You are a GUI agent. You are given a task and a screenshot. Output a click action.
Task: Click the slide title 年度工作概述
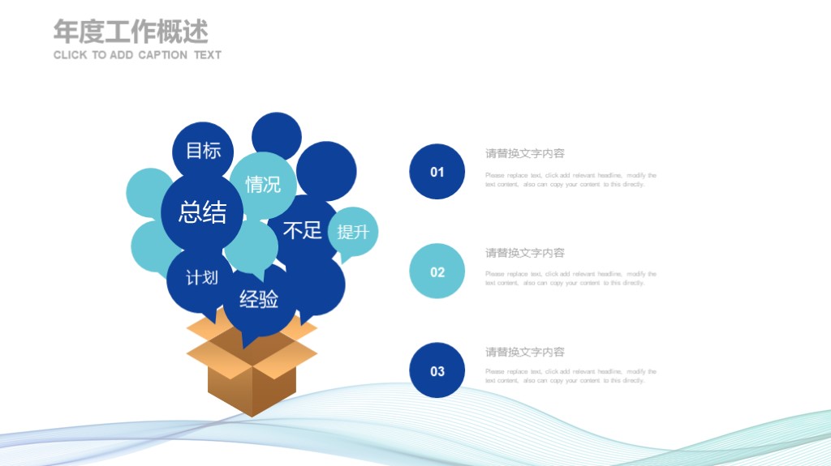(131, 31)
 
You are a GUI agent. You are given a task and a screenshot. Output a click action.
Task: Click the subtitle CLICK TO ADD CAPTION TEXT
(137, 55)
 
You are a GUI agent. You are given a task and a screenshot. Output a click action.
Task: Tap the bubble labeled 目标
(203, 151)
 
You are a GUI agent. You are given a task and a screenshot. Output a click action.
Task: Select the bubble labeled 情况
(263, 184)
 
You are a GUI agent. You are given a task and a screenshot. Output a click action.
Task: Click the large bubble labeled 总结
(202, 212)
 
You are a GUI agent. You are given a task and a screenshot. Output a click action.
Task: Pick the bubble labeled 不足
(302, 230)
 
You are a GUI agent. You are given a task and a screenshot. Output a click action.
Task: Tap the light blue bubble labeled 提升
(353, 233)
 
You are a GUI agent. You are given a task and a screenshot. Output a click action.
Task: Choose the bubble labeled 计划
(201, 278)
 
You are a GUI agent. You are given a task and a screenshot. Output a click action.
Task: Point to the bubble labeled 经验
(259, 299)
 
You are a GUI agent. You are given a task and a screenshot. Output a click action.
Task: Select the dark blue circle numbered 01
(437, 172)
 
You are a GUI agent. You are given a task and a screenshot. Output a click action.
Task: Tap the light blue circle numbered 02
(437, 271)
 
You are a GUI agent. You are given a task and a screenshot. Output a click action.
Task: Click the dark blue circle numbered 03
(437, 370)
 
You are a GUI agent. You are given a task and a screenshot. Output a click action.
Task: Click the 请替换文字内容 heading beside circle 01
(525, 153)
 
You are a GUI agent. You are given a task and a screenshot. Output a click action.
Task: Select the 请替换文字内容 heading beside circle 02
(525, 253)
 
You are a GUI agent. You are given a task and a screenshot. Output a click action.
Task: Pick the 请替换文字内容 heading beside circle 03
(525, 352)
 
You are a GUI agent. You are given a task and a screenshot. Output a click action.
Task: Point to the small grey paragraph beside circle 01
(571, 180)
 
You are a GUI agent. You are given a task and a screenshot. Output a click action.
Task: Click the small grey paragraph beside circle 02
(571, 279)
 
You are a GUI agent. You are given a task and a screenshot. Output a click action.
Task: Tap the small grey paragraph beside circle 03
(571, 376)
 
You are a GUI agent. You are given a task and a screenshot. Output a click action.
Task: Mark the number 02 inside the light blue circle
(437, 272)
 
